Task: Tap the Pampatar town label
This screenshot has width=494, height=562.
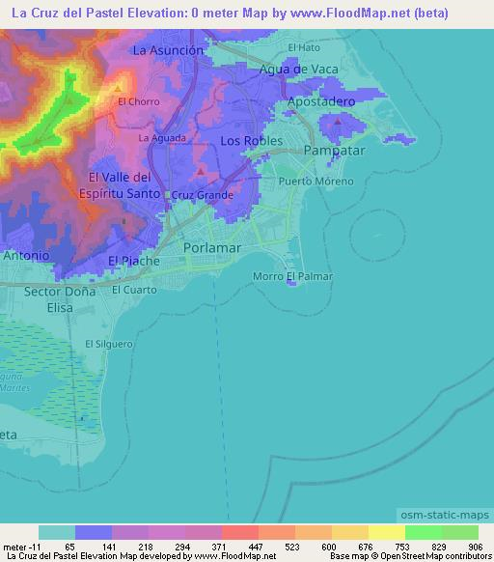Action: point(332,152)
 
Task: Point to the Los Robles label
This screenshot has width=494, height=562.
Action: point(251,141)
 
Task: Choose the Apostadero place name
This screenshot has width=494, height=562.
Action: point(322,101)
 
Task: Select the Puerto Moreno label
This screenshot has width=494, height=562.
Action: point(316,182)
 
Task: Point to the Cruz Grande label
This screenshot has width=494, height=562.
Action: point(203,195)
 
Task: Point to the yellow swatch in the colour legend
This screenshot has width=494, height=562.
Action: point(386,532)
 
